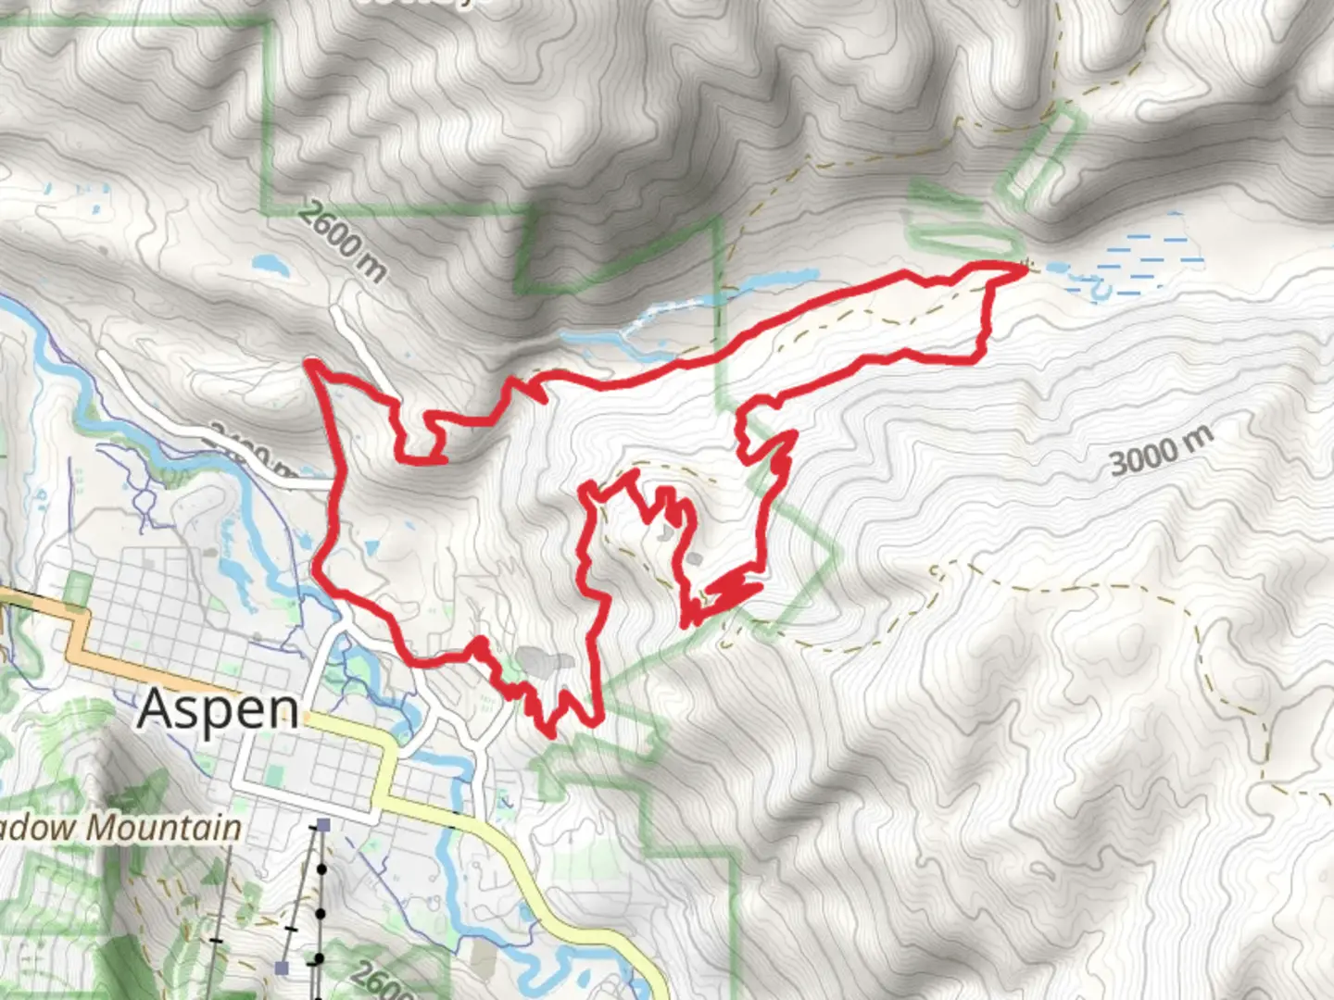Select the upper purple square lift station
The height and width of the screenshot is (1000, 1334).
pos(322,824)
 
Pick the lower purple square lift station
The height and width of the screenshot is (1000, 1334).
pos(282,969)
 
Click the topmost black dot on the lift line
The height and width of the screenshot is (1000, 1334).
pos(321,869)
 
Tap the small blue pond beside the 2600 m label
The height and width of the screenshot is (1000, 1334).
pos(268,265)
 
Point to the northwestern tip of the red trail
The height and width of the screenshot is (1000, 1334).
pos(311,365)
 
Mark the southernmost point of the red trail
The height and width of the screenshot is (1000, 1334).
pos(552,734)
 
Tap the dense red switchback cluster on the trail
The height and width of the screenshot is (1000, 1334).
pos(732,589)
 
